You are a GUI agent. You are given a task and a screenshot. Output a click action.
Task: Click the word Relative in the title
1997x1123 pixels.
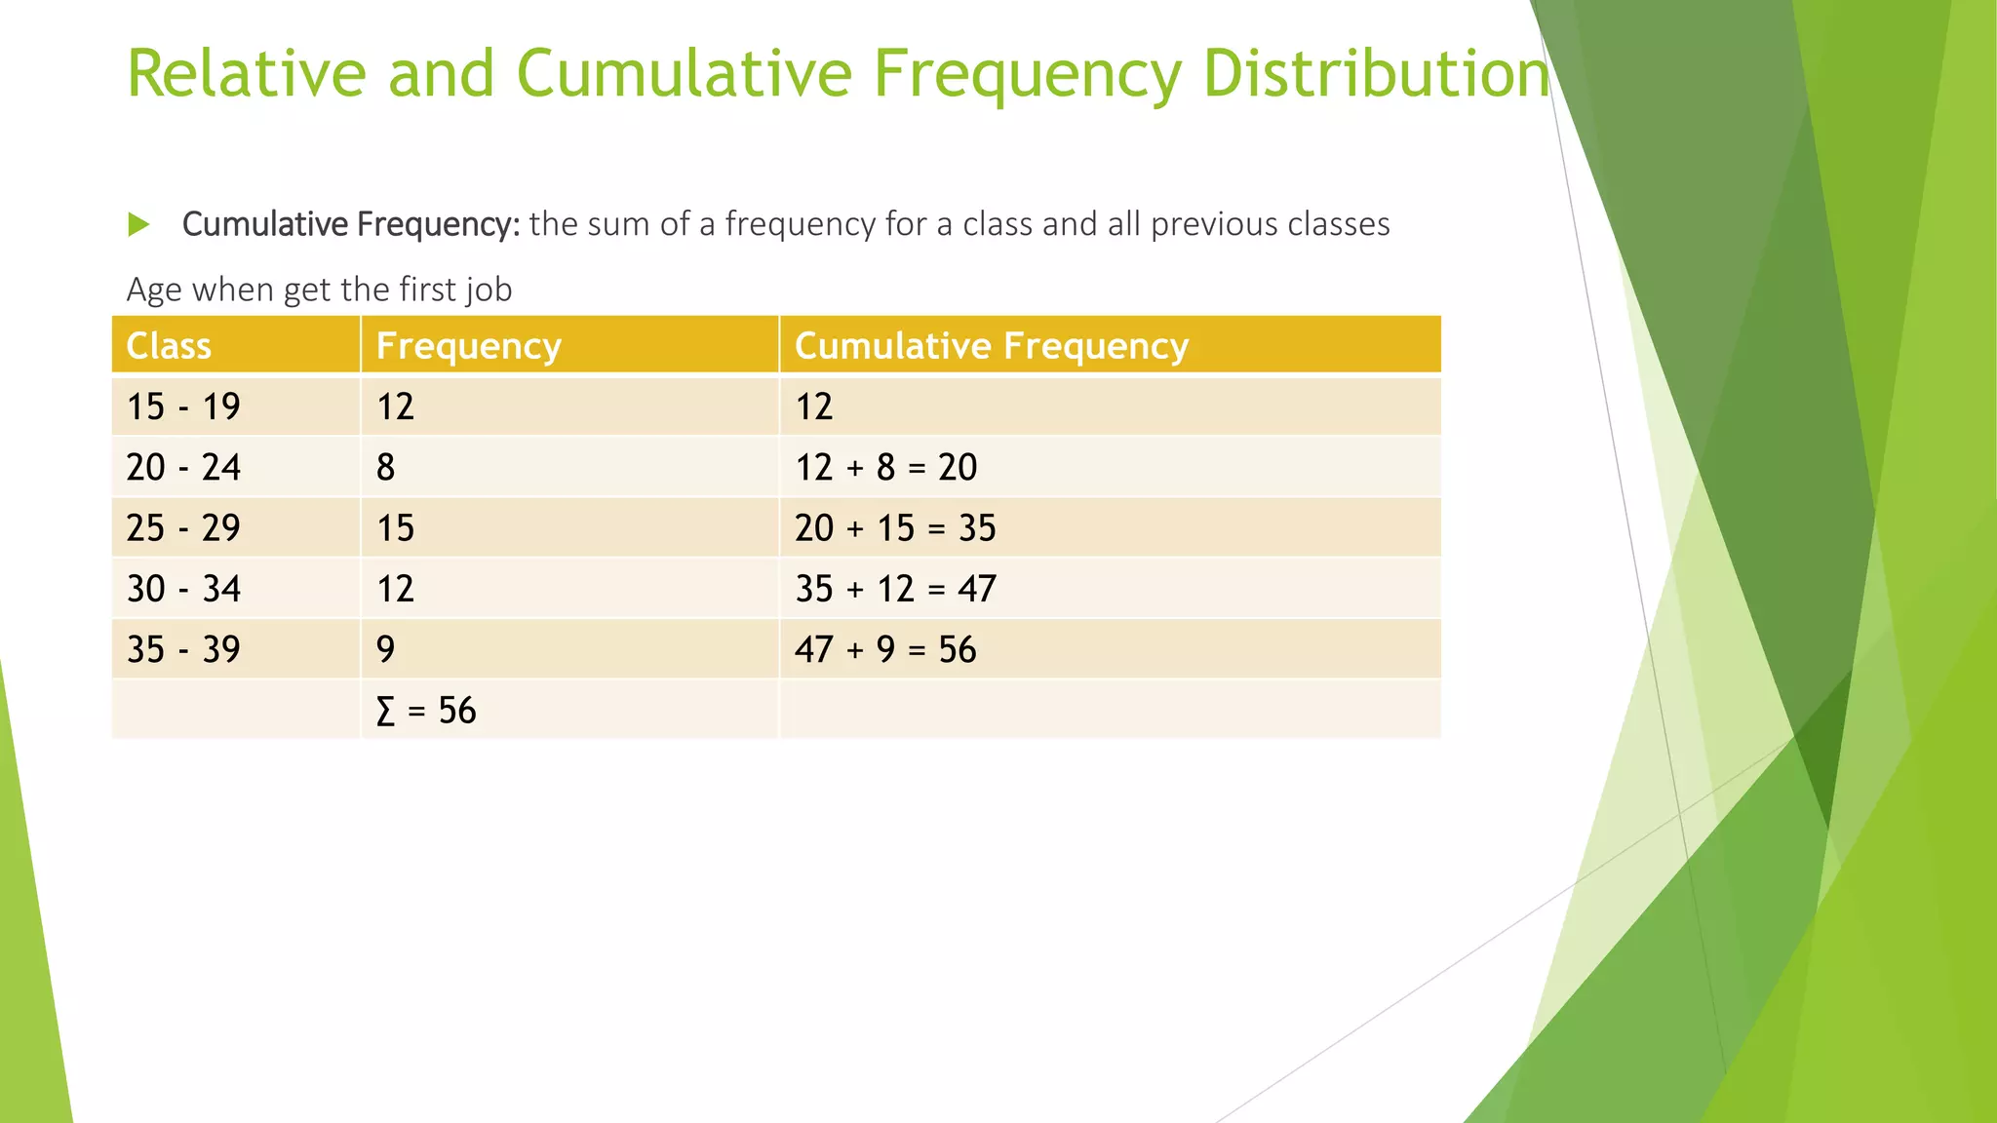248,74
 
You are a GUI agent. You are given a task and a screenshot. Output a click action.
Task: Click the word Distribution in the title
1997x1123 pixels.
1375,74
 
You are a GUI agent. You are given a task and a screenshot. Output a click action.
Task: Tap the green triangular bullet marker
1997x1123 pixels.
138,225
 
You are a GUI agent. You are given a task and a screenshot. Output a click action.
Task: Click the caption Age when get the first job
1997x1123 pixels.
319,290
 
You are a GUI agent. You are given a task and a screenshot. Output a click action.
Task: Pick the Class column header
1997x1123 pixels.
169,346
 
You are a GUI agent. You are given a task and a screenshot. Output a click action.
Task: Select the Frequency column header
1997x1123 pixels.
469,346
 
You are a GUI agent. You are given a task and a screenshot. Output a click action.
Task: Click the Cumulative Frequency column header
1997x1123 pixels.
992,346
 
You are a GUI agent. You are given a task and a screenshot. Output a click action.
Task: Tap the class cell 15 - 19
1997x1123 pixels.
183,407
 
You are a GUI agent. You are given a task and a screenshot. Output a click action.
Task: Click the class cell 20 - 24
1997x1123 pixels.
183,468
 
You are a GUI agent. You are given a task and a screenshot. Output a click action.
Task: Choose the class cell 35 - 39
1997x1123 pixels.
183,649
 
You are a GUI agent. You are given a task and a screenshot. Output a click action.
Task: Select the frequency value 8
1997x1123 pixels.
386,468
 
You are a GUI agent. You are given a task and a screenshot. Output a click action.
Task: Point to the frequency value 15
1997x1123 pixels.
396,528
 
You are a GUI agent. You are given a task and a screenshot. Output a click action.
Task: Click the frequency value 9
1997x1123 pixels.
386,649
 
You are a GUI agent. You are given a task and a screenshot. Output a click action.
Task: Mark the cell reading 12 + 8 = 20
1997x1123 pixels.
886,468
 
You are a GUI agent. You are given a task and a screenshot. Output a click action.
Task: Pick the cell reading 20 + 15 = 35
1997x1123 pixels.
895,528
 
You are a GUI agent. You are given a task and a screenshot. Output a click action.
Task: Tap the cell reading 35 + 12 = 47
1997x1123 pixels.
895,589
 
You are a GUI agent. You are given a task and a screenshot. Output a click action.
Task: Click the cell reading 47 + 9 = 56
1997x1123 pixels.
885,649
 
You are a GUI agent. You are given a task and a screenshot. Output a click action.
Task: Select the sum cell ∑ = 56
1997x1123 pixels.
426,711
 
